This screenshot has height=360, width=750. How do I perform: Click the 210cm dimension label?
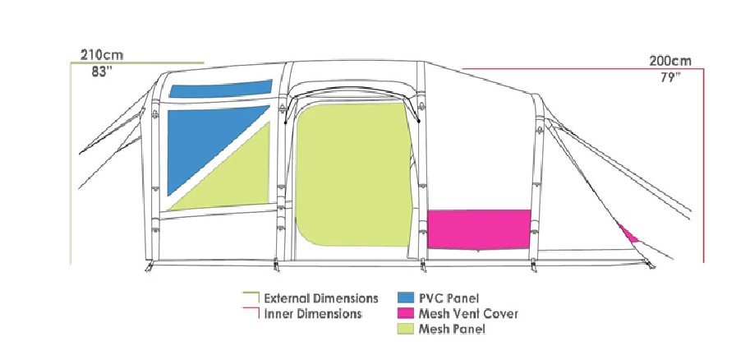tap(101, 54)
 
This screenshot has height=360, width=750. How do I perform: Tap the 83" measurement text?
tap(102, 72)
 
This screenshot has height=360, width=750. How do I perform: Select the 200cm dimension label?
tap(670, 62)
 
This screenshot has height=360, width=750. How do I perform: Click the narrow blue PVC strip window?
tap(221, 89)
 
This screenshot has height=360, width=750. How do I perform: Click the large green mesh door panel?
tap(354, 175)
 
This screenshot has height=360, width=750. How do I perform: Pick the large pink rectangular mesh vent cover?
tap(479, 229)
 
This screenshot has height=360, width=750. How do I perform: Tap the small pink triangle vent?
tap(627, 233)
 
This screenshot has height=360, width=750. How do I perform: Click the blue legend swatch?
tap(406, 298)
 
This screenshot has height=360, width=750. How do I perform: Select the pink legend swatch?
tap(406, 314)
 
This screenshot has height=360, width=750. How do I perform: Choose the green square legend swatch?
tap(406, 329)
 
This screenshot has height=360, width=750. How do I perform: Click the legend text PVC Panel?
tap(449, 298)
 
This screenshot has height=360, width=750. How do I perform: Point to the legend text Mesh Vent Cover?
tap(468, 314)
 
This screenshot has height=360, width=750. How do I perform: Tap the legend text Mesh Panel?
tap(452, 330)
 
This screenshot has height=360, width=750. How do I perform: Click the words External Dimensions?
tap(321, 298)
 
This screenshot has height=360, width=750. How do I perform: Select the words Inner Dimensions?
tap(313, 314)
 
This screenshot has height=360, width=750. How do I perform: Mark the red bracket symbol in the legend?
tap(251, 313)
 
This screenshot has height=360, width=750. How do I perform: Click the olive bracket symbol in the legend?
tap(251, 298)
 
